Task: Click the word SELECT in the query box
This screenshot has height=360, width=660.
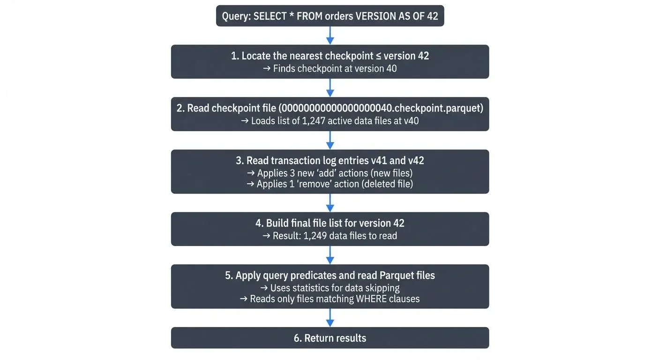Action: (271, 16)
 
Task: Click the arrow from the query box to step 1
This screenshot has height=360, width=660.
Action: (330, 35)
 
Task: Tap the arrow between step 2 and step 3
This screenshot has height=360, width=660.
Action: (330, 140)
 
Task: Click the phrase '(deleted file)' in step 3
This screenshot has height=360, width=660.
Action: (387, 184)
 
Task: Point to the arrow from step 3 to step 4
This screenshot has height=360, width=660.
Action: (330, 202)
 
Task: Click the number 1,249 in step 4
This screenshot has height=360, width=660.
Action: (315, 236)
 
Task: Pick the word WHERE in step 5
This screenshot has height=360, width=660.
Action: (371, 299)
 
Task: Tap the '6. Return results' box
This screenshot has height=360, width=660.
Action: (330, 338)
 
